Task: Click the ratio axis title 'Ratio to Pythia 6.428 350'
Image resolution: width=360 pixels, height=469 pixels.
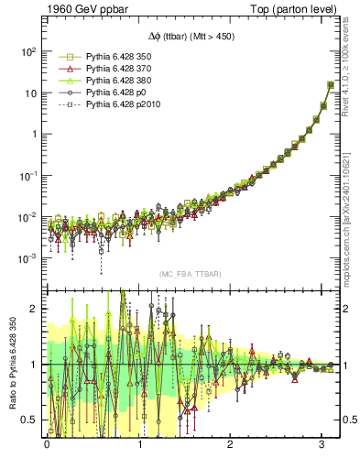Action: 12,363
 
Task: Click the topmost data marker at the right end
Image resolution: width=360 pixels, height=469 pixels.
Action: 330,85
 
